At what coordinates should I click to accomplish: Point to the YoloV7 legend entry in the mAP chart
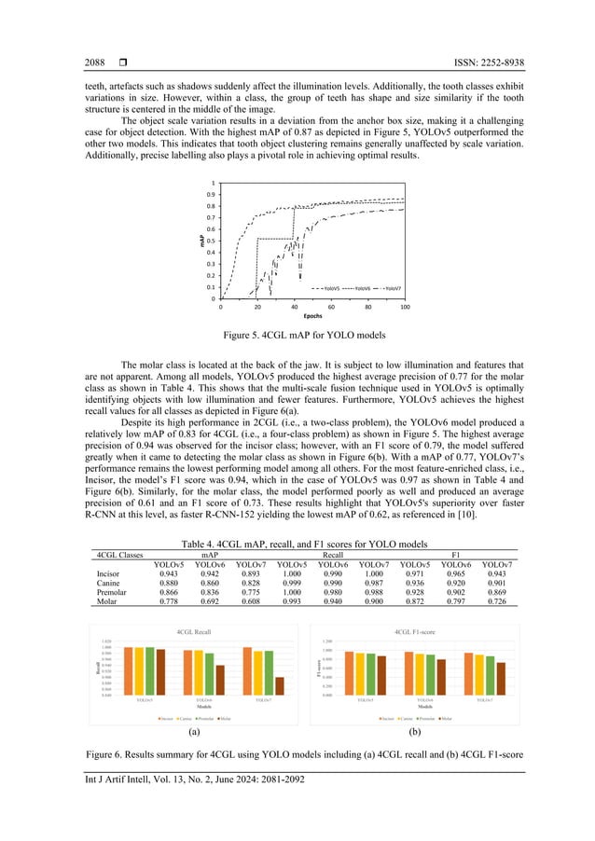388,289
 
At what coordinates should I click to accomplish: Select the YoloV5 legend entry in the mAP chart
325,289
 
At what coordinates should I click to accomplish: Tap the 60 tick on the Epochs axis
331,306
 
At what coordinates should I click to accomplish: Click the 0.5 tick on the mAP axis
213,241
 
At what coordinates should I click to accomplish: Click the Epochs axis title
312,316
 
